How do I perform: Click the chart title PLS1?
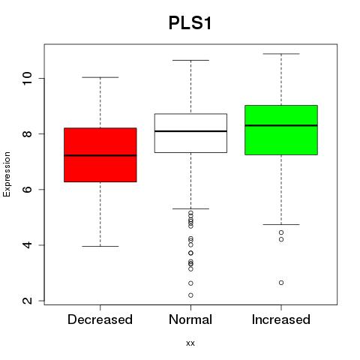coord(190,22)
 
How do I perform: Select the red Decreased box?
coord(100,155)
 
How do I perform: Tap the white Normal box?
coord(190,133)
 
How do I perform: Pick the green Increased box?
coord(281,130)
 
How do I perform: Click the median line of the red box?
coord(100,155)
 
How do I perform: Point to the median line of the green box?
coord(281,125)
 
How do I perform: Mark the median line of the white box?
coord(190,131)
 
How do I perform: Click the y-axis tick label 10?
coord(27,78)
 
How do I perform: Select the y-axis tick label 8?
coord(27,133)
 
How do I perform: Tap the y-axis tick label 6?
coord(27,189)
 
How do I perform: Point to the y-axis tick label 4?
coord(27,244)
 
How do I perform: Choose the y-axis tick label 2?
coord(27,301)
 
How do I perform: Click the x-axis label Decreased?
coord(100,319)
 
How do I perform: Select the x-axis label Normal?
coord(190,319)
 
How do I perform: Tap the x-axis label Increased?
coord(281,319)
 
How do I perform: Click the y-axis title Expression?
coord(7,174)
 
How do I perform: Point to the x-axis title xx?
coord(190,343)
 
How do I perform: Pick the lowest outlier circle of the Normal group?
coord(190,295)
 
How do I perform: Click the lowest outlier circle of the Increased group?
coord(281,283)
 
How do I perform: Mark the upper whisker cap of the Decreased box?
coord(100,77)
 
